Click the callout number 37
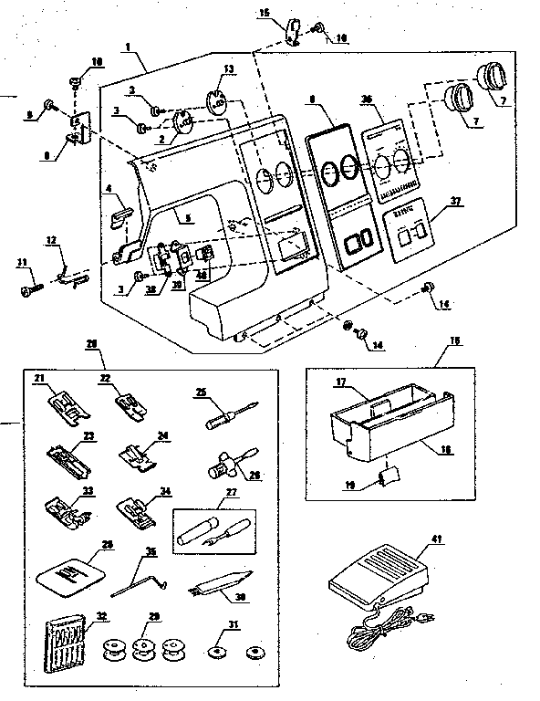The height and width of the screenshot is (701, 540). (454, 202)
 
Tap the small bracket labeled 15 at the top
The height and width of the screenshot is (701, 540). (290, 29)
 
